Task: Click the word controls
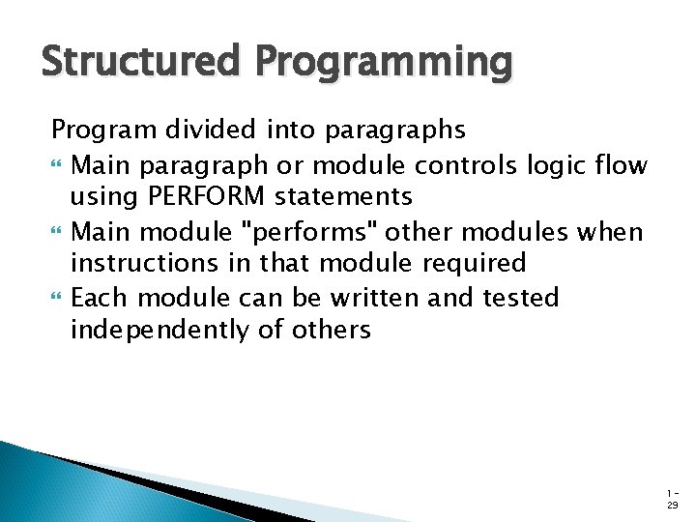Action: [455, 166]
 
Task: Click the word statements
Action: [343, 197]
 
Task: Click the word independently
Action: [164, 331]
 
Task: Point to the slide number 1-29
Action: [672, 498]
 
